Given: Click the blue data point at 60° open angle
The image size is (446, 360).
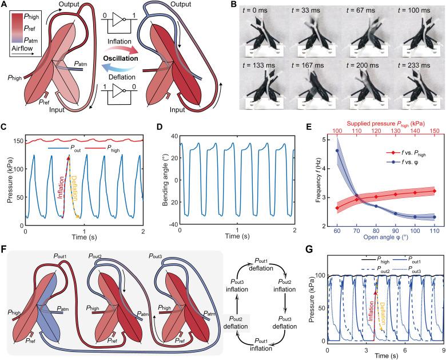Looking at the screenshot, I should coord(337,151).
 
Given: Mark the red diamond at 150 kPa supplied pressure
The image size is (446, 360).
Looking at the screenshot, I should coord(435,191).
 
